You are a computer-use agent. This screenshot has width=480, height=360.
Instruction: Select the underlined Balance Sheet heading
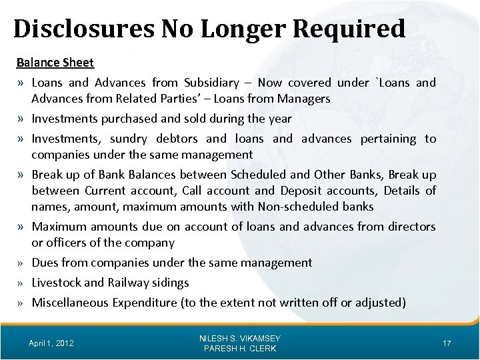click(x=55, y=63)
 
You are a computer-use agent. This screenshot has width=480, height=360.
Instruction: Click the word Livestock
click(x=61, y=283)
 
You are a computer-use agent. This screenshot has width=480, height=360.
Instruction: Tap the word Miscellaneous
click(x=70, y=303)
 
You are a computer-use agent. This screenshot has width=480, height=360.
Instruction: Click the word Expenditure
click(x=144, y=303)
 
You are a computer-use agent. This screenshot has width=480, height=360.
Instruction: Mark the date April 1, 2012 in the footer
click(x=51, y=343)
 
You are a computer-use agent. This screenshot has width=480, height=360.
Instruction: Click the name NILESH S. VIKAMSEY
click(x=241, y=339)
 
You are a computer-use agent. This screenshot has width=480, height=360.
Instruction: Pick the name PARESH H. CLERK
click(x=241, y=349)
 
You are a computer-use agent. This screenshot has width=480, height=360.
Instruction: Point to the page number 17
click(x=447, y=343)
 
